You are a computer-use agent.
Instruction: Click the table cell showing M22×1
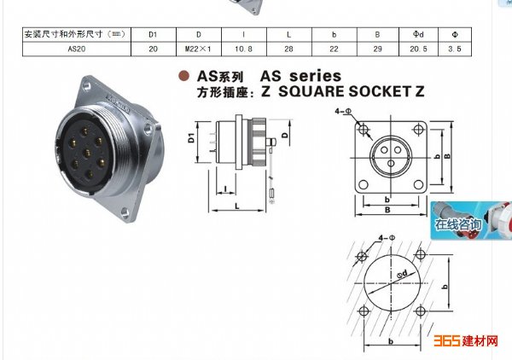198,49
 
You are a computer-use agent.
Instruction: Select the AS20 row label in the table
77,49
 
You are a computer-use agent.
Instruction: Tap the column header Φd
418,34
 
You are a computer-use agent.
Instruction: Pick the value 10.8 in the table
243,49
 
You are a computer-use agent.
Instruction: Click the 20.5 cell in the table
418,49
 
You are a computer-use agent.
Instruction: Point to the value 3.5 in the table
455,49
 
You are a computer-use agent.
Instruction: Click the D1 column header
153,34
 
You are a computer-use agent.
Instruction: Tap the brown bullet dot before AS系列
183,76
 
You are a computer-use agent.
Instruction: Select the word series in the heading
316,76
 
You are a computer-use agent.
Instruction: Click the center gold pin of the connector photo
87,152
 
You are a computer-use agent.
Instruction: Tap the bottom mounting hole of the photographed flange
125,213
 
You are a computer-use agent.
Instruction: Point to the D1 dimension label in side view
191,137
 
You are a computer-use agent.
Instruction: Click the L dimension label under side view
237,206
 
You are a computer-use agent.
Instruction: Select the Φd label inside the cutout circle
402,274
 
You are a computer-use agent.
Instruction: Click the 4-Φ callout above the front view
343,111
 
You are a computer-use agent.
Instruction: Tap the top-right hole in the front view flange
418,130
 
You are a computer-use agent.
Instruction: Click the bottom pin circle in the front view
391,163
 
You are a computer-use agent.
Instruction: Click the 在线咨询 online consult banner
471,221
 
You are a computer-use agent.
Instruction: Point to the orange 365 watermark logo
447,340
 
